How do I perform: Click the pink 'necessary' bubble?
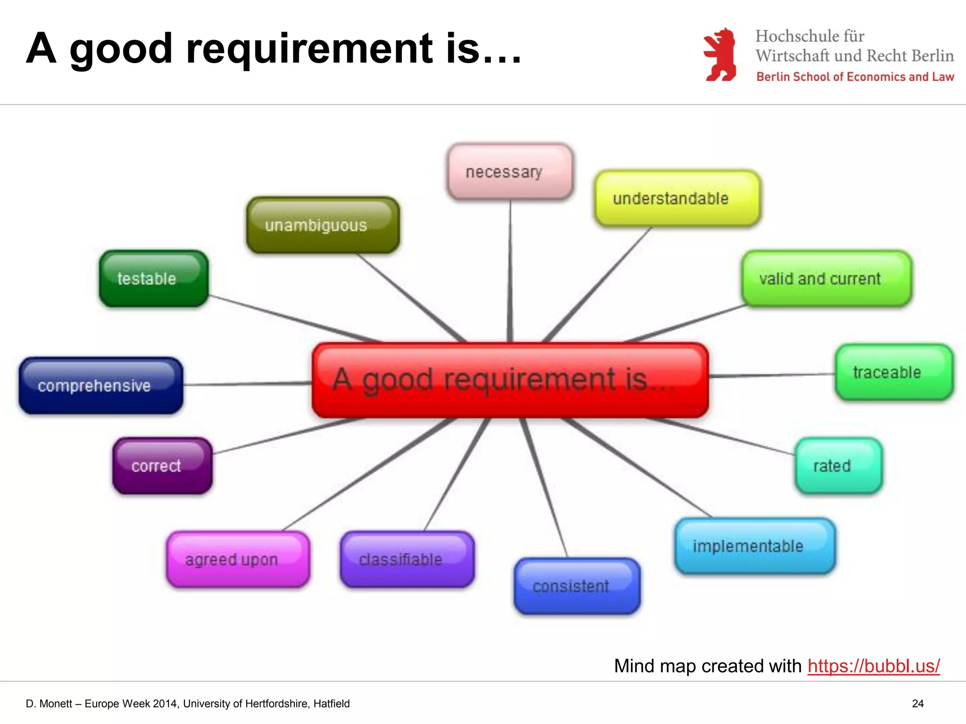[510, 172]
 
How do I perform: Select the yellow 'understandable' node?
[677, 198]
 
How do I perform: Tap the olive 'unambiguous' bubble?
[323, 225]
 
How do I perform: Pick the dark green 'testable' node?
[153, 279]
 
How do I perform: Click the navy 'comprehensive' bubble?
[100, 386]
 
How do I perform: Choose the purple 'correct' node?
[162, 466]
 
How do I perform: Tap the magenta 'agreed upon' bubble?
[238, 559]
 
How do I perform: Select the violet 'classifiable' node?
[407, 559]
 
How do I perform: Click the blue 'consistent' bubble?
[576, 586]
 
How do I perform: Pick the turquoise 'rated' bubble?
[838, 466]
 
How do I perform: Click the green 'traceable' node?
[893, 372]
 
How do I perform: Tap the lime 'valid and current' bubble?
[826, 279]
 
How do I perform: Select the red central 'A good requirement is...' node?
[510, 380]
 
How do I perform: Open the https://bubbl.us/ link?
[873, 666]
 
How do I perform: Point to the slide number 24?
[917, 704]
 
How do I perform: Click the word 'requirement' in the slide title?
[309, 48]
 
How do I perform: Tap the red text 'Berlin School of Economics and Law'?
[855, 77]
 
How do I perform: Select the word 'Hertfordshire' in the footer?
[276, 704]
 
